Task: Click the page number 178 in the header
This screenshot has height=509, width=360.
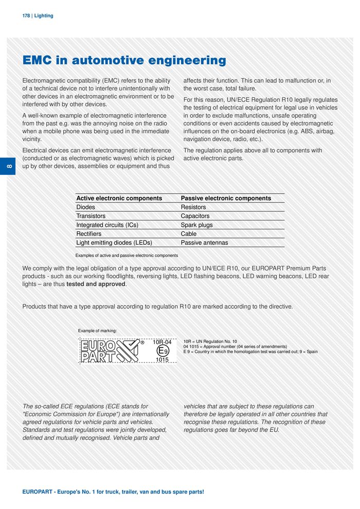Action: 26,16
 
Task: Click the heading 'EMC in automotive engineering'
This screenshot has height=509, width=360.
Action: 124,61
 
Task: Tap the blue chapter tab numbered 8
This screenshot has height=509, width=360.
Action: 11,167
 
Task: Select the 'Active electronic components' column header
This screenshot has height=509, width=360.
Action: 119,198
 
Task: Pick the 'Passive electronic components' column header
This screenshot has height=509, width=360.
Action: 226,198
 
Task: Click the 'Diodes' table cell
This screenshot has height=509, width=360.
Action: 85,207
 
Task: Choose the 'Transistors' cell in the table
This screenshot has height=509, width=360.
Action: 91,216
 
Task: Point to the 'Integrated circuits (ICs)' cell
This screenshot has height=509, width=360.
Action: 107,225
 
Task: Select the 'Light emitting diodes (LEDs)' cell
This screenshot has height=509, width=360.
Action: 114,243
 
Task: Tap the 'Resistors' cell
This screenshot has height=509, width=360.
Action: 193,207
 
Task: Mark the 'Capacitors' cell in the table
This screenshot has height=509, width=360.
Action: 195,216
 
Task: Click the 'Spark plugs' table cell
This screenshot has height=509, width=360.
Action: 196,225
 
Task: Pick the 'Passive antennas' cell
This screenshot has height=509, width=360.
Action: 204,243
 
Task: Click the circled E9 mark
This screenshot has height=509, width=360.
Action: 162,351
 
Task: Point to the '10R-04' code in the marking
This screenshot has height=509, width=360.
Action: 162,341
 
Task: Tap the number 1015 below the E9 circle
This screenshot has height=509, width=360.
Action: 162,360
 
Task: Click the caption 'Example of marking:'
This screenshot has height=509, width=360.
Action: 97,330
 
